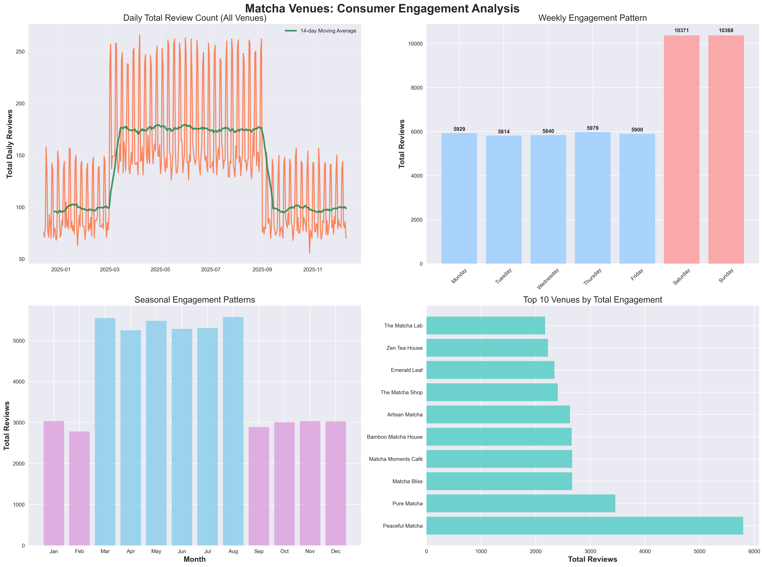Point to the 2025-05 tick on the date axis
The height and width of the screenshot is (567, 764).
[160, 270]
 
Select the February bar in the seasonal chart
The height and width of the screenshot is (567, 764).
[79, 488]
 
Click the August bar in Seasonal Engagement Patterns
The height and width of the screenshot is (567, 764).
[233, 431]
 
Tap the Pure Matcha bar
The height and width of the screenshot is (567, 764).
[521, 504]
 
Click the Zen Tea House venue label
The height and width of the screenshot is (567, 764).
[404, 348]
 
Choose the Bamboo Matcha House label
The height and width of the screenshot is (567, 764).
[395, 437]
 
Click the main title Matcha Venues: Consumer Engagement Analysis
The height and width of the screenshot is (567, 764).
[382, 9]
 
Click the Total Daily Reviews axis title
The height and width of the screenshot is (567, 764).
[10, 144]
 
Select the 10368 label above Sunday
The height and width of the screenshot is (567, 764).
[726, 31]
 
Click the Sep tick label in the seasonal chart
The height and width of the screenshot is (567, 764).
[259, 551]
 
